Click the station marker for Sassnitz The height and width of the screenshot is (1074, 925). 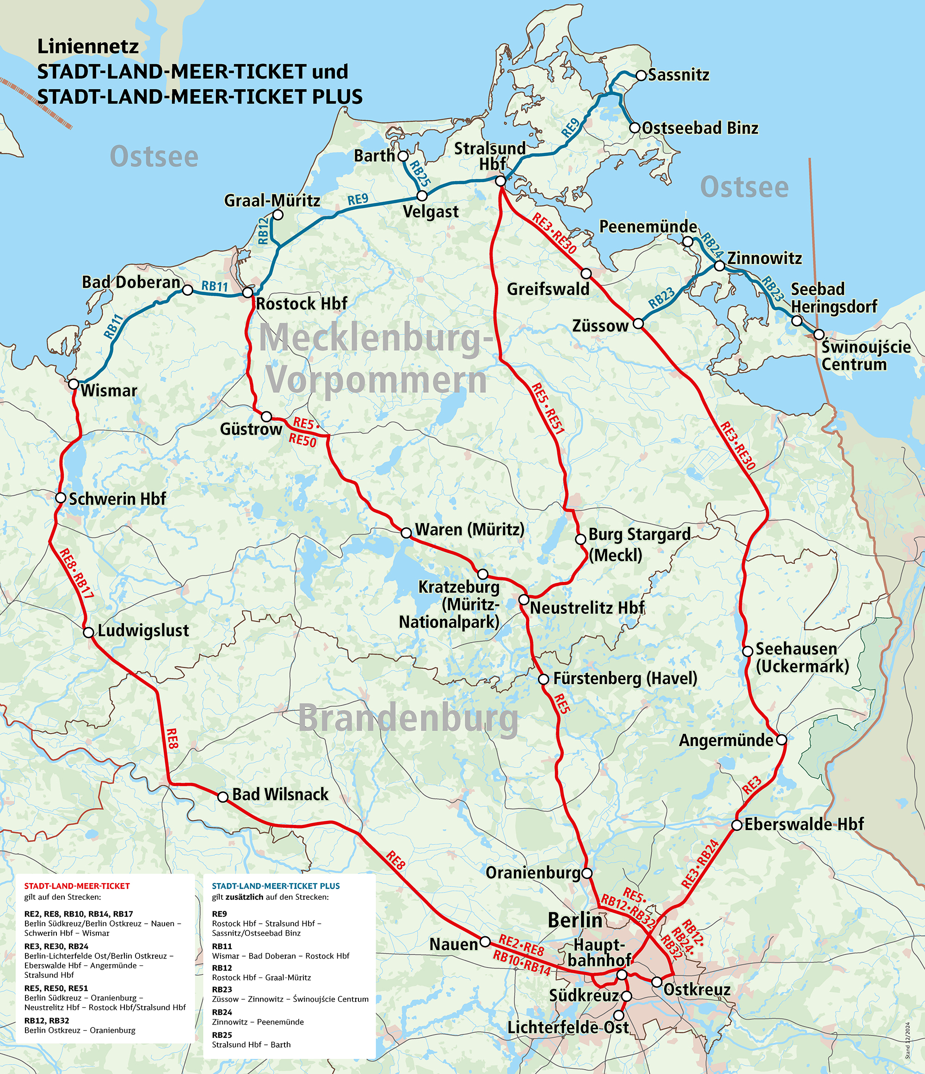641,75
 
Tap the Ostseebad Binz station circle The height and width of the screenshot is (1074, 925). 635,128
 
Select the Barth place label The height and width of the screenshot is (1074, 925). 374,155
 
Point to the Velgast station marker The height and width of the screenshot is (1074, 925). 422,196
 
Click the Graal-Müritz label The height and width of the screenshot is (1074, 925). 272,201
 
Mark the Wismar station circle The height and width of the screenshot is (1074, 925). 73,384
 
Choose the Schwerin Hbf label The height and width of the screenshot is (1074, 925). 117,499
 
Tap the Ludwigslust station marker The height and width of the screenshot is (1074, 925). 89,632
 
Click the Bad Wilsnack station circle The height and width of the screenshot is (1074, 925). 222,797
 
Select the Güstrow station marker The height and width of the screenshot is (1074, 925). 266,416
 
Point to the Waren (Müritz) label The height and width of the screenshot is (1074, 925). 469,529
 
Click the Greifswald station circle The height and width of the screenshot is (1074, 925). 586,273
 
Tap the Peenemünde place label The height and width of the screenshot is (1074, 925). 648,226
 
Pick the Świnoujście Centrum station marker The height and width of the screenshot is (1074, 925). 819,334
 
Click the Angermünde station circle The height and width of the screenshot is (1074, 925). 781,739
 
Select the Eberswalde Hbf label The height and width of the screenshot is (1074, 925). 804,824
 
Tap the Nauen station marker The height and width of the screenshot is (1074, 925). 485,941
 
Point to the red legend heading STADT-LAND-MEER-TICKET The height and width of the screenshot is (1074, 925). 77,886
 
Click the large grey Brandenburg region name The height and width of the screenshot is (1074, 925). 408,719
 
